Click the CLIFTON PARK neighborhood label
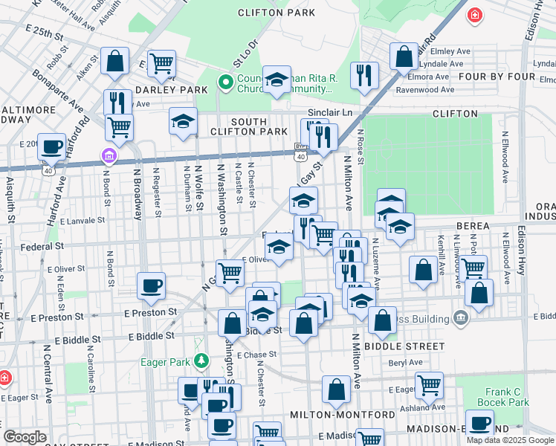tap(277, 13)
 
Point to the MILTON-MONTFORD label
tap(332, 414)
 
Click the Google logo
tap(25, 436)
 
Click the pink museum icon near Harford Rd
tap(109, 156)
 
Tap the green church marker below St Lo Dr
tap(224, 82)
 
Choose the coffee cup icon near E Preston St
tap(151, 285)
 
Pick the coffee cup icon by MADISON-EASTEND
tap(479, 423)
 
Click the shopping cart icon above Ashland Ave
tap(429, 384)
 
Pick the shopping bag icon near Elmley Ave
tap(404, 55)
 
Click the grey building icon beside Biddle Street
tap(461, 318)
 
